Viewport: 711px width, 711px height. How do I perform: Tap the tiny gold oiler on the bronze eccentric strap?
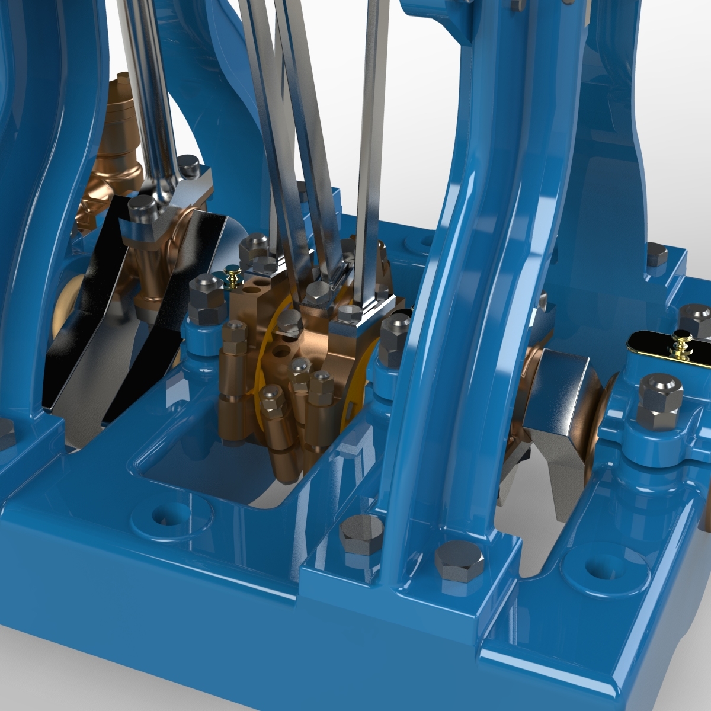click(x=233, y=274)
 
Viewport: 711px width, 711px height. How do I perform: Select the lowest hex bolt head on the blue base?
click(x=459, y=561)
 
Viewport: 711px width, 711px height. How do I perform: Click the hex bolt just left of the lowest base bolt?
click(x=359, y=534)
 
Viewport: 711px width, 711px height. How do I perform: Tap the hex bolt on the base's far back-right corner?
click(x=656, y=255)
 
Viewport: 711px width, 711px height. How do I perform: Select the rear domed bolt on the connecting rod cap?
click(x=188, y=165)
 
